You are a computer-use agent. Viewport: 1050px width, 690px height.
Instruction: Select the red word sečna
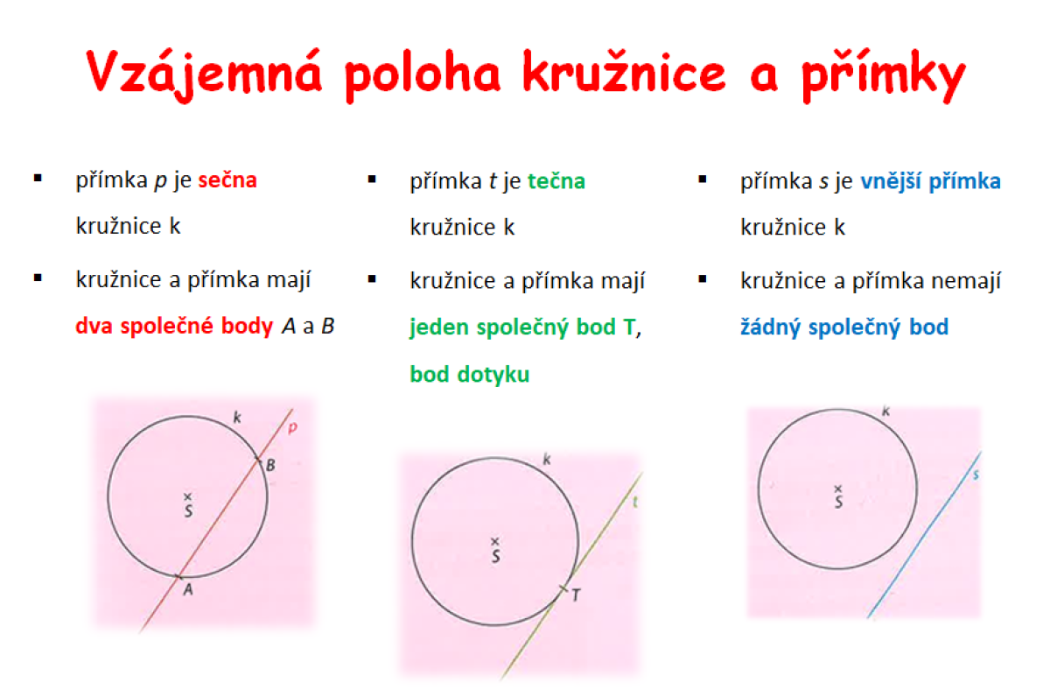pos(227,180)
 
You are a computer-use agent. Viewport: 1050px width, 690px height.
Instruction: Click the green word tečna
pos(556,181)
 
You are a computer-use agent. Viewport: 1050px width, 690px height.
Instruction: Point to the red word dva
pos(94,326)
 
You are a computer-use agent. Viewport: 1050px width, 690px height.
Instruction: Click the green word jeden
pos(438,327)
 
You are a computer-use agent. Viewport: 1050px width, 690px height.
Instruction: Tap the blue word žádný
pos(770,327)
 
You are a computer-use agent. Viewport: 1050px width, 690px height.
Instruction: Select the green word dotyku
pos(493,374)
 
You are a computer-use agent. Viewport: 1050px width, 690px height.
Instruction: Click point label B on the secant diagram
pos(270,465)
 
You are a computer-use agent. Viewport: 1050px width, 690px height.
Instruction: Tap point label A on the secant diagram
pos(188,589)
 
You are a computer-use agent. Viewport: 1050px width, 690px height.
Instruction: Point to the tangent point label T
pos(576,595)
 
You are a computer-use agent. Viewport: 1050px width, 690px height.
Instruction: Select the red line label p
pos(292,427)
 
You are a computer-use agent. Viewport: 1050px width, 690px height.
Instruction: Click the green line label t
pos(635,502)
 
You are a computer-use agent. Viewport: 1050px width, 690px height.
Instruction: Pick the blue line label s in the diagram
pos(976,475)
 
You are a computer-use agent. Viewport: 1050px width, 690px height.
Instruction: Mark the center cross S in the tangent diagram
pos(495,541)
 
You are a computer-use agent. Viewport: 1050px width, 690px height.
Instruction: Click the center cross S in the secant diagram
pos(187,496)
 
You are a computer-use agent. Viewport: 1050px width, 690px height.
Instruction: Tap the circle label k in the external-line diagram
pos(885,412)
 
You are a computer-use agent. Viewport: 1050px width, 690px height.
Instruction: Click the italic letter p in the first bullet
pos(160,181)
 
